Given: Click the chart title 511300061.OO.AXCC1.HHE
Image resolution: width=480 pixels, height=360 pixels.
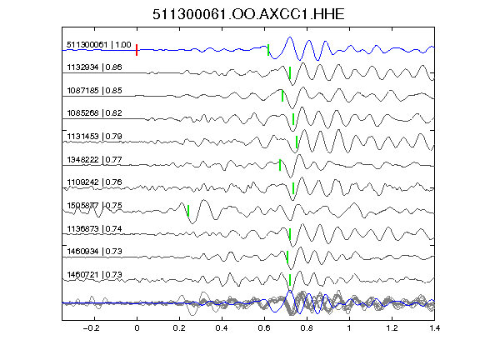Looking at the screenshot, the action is (x=248, y=14).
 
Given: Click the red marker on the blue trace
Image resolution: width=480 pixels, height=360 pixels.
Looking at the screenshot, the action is (x=137, y=50).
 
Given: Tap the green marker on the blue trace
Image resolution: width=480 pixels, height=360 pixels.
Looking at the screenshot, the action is (x=268, y=50).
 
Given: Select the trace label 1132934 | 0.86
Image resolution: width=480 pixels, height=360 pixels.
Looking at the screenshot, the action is (x=94, y=67).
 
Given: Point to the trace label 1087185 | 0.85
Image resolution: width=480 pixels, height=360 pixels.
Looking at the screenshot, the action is (x=94, y=90).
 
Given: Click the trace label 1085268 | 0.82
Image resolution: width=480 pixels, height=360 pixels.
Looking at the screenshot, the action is (x=94, y=113).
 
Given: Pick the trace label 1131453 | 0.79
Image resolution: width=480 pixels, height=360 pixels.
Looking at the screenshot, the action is (x=94, y=136).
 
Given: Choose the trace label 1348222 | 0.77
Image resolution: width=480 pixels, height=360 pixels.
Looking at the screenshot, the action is (x=94, y=159).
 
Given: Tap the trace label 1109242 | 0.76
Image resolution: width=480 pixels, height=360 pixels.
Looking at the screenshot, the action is (x=94, y=182).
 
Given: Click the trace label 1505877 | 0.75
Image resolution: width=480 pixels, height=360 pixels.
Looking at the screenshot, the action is (x=94, y=205).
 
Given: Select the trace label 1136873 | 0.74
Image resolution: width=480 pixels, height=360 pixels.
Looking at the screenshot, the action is (x=94, y=228).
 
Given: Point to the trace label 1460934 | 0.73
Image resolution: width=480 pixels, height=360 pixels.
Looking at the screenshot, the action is (x=94, y=252).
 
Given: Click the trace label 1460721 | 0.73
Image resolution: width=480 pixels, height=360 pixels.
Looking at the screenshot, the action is (x=94, y=275).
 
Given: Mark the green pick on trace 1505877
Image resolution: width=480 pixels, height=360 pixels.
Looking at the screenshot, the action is (x=188, y=211).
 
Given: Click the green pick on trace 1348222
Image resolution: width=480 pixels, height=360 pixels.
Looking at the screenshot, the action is (x=280, y=165).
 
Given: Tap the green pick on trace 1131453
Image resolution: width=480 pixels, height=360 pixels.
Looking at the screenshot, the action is (x=297, y=142).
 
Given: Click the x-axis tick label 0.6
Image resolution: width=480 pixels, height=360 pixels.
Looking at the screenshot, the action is (x=264, y=328).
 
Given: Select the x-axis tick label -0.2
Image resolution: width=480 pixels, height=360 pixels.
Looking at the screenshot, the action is (x=91, y=328).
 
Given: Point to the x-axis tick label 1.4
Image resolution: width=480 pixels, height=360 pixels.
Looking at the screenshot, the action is (x=434, y=328).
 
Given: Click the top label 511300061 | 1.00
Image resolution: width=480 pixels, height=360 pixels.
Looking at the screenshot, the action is (x=99, y=45).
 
